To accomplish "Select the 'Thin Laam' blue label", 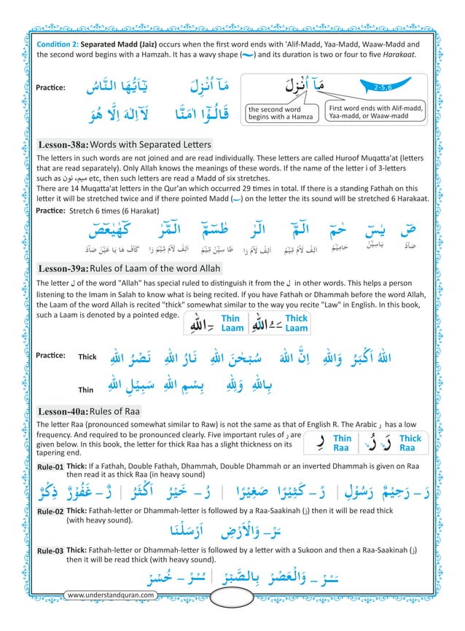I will (x=230, y=323).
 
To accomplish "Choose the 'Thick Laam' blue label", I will (x=297, y=323).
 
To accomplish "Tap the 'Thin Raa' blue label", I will (x=342, y=443).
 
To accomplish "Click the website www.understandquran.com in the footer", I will (x=111, y=595).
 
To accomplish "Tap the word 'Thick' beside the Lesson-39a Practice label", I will (x=87, y=357).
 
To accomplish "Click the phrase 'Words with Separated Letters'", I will (x=151, y=144).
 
